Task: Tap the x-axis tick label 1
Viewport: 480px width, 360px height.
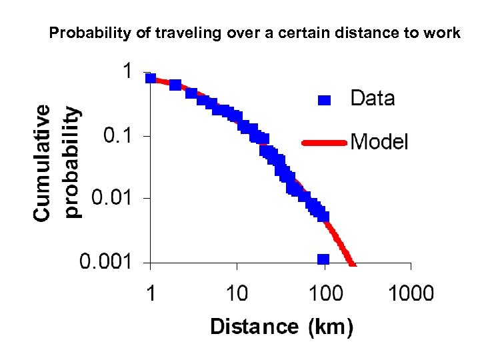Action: point(151,293)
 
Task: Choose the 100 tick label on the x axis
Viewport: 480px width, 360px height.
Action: point(325,293)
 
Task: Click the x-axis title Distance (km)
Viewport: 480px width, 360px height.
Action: point(281,327)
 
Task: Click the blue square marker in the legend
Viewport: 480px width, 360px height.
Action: point(324,100)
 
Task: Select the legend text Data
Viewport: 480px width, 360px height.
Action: point(372,99)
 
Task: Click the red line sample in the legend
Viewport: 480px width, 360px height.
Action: point(325,142)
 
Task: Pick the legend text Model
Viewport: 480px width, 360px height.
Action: point(379,141)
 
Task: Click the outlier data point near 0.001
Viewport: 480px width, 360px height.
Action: point(323,259)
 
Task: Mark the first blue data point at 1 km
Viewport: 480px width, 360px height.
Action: point(151,78)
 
